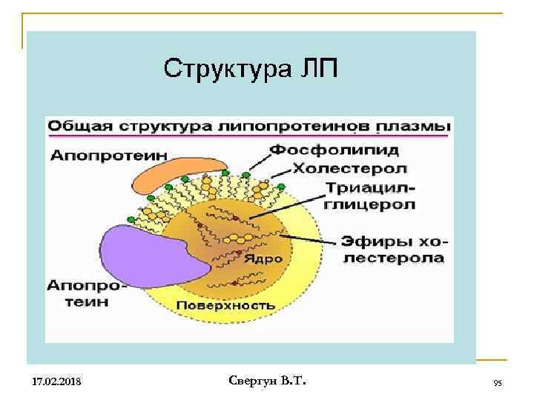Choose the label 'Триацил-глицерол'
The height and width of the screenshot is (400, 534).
[x=368, y=196]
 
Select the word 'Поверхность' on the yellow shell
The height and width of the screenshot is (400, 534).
[x=225, y=304]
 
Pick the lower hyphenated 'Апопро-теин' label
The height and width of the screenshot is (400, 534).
[x=88, y=293]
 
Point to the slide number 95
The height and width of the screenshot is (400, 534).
[x=498, y=382]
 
